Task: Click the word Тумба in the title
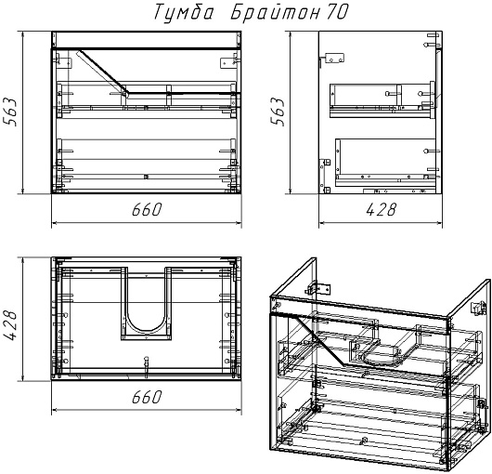tap(184, 13)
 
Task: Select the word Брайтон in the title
tap(276, 13)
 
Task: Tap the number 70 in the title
tap(337, 12)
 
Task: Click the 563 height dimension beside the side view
tap(278, 112)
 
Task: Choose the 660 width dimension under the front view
tap(147, 209)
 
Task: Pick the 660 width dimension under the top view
tap(147, 397)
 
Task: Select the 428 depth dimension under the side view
tap(381, 209)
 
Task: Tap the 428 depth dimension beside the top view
tap(9, 325)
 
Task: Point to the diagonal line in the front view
tap(103, 72)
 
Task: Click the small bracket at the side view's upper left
tap(334, 59)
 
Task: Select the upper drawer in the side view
tap(382, 100)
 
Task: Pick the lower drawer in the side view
tap(385, 163)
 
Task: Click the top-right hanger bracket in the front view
tap(228, 61)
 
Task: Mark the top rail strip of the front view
tap(147, 39)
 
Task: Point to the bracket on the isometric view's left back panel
tap(317, 288)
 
